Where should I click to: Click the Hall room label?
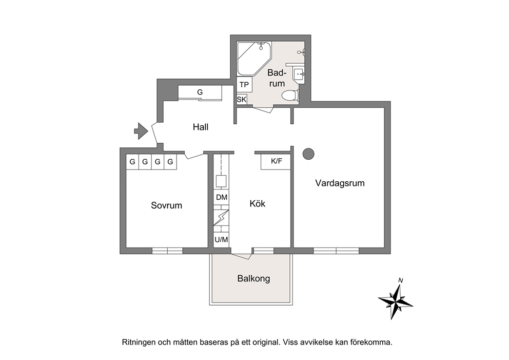200,127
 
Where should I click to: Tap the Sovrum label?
167,205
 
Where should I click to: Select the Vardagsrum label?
340,183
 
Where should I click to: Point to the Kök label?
258,204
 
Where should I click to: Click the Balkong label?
253,278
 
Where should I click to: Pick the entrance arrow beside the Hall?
141,131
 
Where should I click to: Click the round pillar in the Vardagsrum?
308,154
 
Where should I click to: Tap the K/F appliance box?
276,161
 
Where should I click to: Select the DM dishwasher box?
222,197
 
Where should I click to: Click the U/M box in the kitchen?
221,240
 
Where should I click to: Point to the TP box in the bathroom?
244,85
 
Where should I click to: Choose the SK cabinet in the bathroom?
242,100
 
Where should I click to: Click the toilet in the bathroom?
290,96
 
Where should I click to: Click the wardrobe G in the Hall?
200,92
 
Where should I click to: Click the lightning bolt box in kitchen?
221,218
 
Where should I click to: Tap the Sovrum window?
167,251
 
